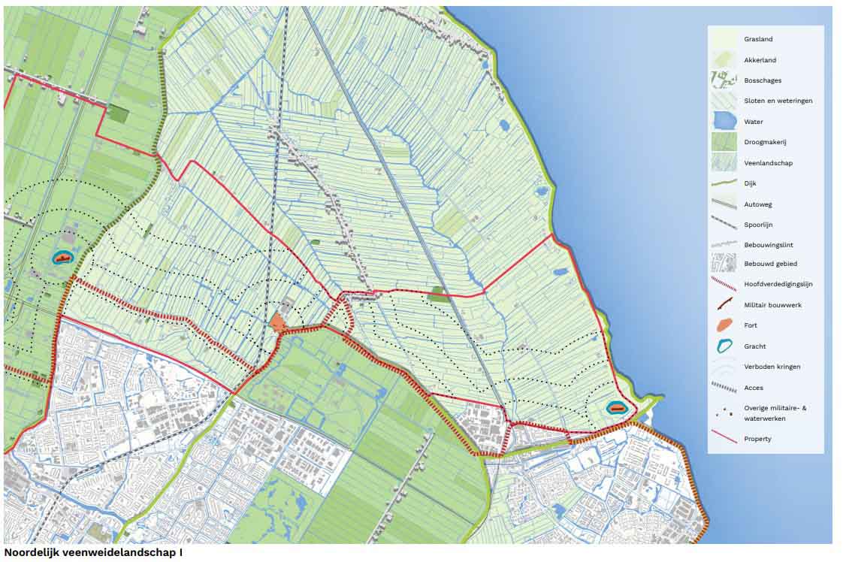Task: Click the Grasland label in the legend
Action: (x=758, y=39)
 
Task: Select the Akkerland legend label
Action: (x=760, y=60)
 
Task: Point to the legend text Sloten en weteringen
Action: (x=778, y=101)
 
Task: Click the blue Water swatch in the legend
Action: (x=724, y=120)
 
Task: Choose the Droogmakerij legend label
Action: (x=765, y=142)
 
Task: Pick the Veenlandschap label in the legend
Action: (x=768, y=163)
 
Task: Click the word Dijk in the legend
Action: (x=750, y=183)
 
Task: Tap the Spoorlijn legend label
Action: (x=758, y=225)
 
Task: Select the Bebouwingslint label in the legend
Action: (x=769, y=245)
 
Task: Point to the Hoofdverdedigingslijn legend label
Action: (x=778, y=285)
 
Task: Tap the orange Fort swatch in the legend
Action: (x=724, y=325)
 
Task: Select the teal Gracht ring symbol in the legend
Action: (x=724, y=346)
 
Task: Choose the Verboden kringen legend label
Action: (x=772, y=367)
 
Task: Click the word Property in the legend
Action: (x=757, y=439)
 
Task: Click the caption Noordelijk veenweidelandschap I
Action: (x=93, y=553)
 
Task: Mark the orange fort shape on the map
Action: (x=277, y=322)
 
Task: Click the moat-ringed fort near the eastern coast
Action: (x=617, y=408)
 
